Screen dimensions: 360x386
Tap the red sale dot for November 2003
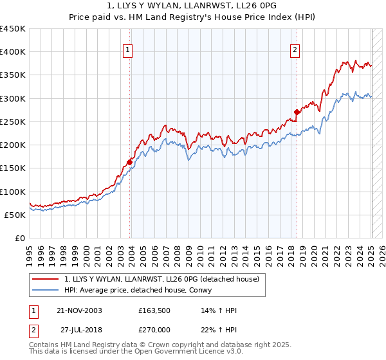[x=130, y=162]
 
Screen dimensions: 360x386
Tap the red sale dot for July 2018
[x=297, y=113]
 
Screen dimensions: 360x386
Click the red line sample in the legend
[x=46, y=279]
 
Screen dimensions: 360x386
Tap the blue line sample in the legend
[x=46, y=290]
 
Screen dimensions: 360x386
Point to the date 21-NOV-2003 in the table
[x=80, y=310]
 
